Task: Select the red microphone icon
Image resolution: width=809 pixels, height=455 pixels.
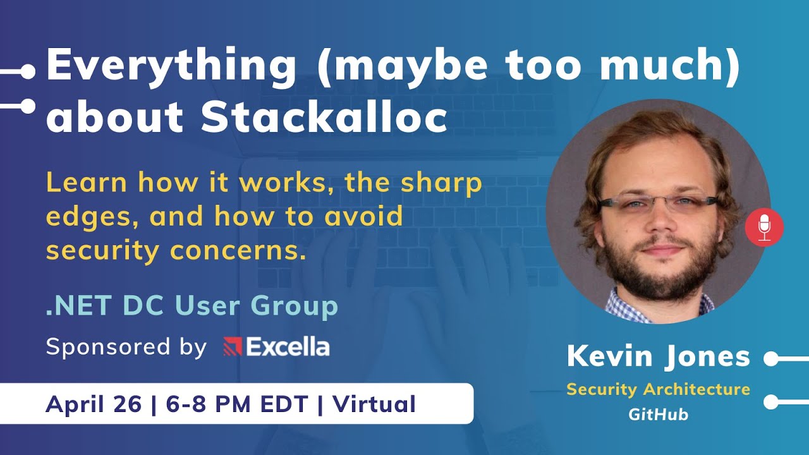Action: coord(764,226)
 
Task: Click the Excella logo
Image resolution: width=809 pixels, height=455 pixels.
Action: coord(276,347)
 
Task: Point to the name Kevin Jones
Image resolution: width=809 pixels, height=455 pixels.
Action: coord(658,357)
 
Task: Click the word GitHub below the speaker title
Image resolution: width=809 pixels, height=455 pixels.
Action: coord(658,415)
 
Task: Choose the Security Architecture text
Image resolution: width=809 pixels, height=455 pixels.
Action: coord(658,389)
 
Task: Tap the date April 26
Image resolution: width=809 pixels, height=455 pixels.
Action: coord(94,404)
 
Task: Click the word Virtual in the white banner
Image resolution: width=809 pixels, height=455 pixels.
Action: coord(374,404)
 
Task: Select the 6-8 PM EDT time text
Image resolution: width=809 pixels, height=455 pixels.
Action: coord(238,404)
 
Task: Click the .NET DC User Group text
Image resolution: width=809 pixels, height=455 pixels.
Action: coord(192,306)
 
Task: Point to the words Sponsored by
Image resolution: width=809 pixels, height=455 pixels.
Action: coord(126,347)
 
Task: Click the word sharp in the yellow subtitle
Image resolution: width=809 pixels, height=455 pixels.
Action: coord(441,183)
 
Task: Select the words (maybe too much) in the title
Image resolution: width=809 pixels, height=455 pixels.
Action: coord(528,66)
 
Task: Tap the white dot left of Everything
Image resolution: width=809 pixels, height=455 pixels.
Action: coord(28,72)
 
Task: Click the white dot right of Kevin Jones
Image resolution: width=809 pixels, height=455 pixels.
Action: coord(771,359)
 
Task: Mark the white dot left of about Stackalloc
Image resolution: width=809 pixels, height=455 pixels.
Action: coord(28,106)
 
